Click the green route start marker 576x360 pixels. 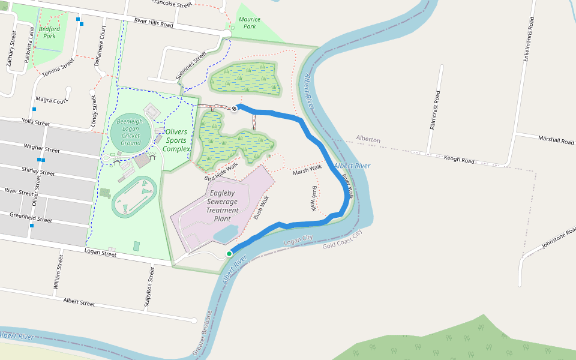tap(229, 254)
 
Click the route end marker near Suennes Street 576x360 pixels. tap(235, 108)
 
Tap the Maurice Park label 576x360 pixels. tap(250, 23)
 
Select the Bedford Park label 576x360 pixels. tap(49, 32)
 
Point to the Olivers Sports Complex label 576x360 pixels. tap(176, 140)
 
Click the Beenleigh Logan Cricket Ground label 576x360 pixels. tap(130, 132)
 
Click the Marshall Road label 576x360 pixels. tap(556, 140)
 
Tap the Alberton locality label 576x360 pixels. tap(368, 139)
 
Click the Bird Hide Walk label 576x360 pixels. tap(221, 171)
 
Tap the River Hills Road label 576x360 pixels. tap(154, 23)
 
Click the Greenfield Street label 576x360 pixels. tap(31, 218)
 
